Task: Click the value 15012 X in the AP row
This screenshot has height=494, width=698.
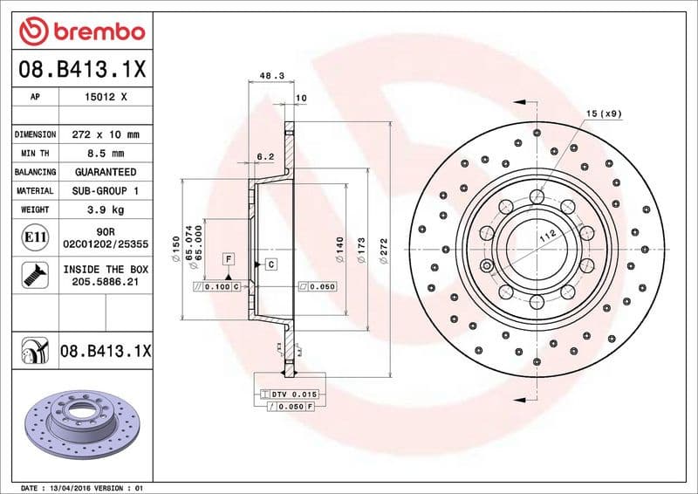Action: click(x=106, y=98)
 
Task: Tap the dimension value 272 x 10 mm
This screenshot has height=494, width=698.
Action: click(x=106, y=134)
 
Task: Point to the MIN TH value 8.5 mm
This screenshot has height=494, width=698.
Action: click(x=106, y=154)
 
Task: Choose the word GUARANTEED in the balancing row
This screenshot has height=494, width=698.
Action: click(x=106, y=172)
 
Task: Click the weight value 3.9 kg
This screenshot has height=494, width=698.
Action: click(x=106, y=209)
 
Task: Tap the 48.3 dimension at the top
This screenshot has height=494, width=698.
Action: click(x=272, y=77)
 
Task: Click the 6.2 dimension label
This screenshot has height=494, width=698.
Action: click(x=265, y=156)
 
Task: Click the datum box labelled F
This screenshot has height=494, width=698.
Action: click(x=228, y=259)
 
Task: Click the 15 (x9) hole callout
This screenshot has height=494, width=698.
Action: click(x=603, y=114)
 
